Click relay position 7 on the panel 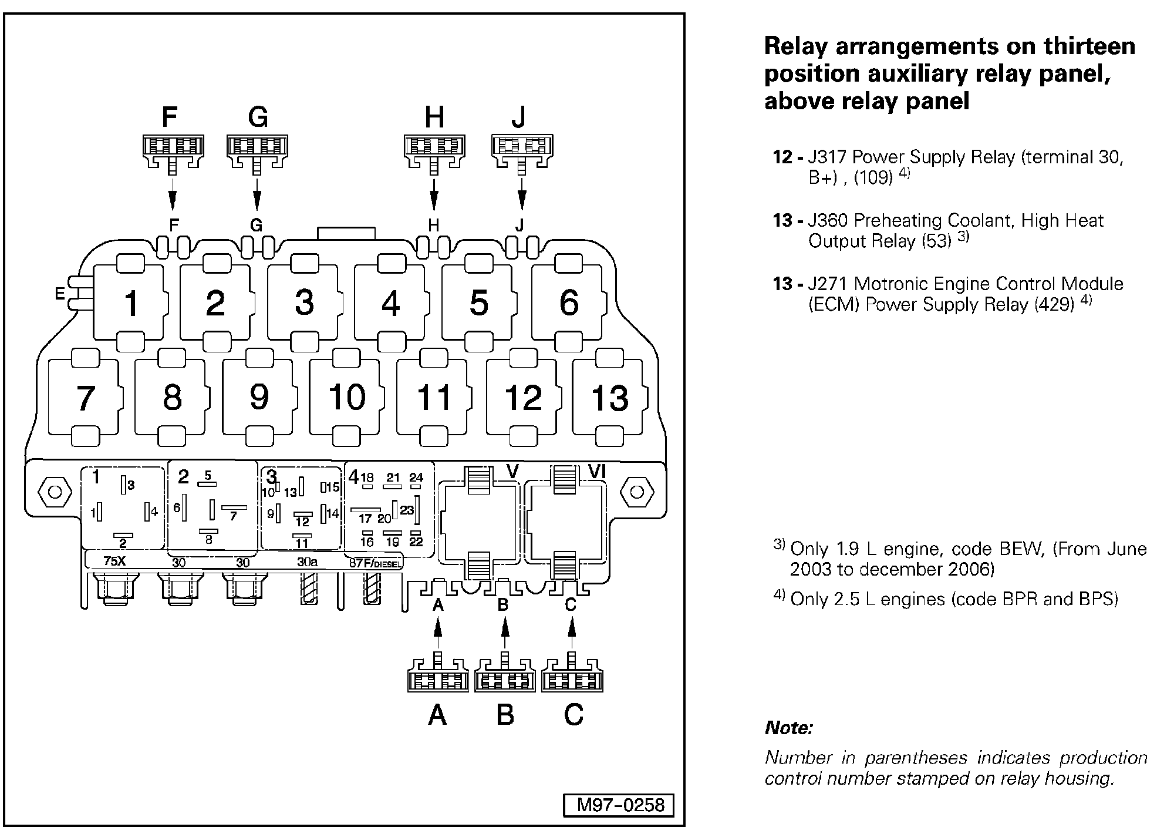[x=85, y=397]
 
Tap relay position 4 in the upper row [x=390, y=303]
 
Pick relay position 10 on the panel [x=347, y=397]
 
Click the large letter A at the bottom [x=438, y=715]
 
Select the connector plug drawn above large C [x=572, y=676]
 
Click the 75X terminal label [x=114, y=561]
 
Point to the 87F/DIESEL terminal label [x=376, y=563]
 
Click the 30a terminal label [x=307, y=562]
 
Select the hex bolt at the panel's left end [x=55, y=491]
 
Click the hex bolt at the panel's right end [x=636, y=492]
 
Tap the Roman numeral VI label [x=596, y=470]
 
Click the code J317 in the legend [x=828, y=157]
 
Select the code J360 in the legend [x=828, y=220]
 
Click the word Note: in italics [x=788, y=728]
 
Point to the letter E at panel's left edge [x=59, y=293]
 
